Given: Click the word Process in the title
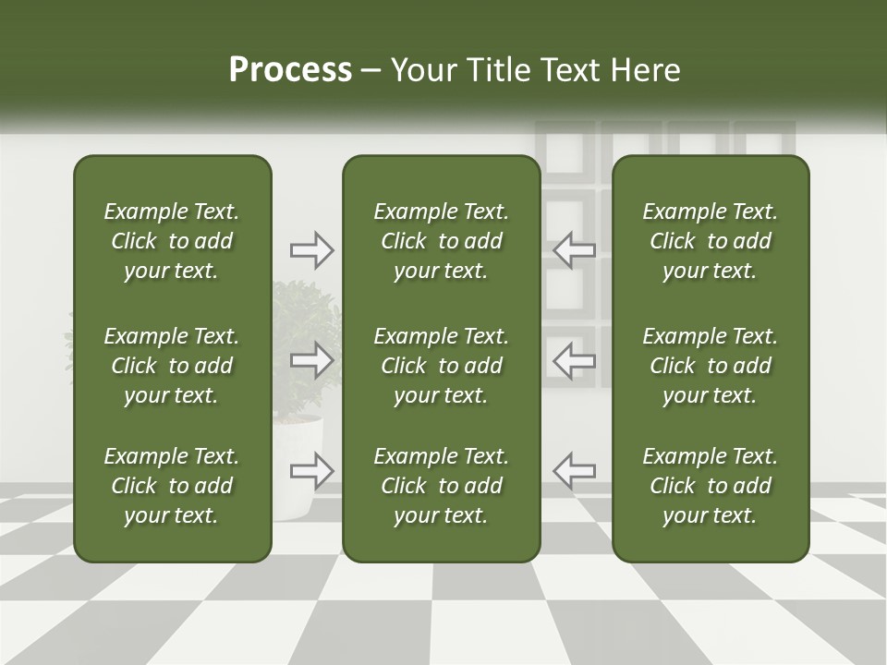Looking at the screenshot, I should [290, 70].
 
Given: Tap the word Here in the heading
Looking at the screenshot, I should [645, 70].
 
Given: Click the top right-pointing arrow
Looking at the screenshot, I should [312, 249].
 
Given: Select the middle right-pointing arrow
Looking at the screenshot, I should [312, 360].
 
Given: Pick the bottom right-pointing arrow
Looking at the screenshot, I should [312, 471].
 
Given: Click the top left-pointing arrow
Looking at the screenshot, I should [574, 249].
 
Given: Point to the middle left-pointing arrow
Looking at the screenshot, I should [574, 360].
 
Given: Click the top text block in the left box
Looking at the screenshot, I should [172, 241].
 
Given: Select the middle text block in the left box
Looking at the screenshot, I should [172, 366].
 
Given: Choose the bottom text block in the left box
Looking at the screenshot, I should [172, 486].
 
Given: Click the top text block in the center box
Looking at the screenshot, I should [442, 241].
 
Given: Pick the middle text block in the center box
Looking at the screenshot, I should [442, 366].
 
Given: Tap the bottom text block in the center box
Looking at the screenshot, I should [442, 486].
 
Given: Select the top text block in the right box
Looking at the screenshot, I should [711, 241].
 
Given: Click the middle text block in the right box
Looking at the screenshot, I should [711, 366].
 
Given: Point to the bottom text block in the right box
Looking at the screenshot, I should [711, 486].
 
